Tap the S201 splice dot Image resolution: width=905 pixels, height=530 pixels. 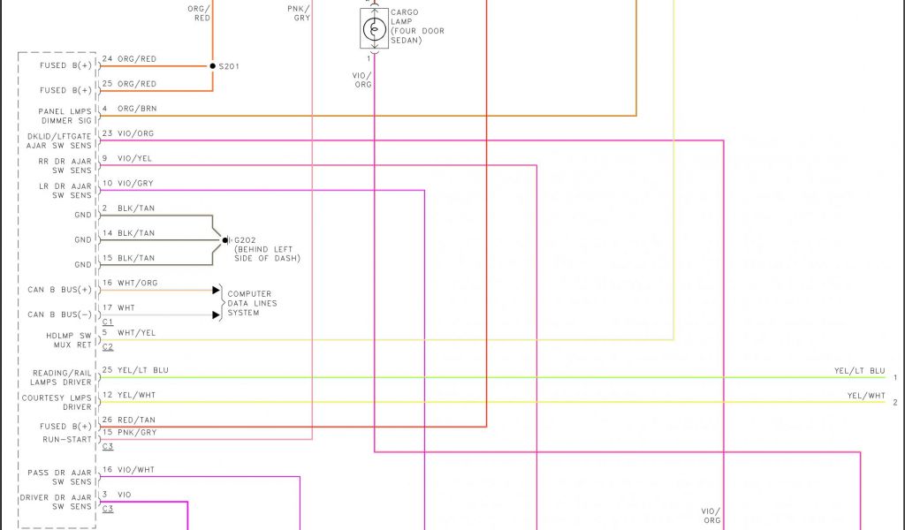coord(212,66)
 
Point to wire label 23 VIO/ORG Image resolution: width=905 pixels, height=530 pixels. coord(128,134)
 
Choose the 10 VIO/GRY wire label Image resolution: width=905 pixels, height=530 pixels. coord(128,184)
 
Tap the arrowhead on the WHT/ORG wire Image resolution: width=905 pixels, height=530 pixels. coord(216,290)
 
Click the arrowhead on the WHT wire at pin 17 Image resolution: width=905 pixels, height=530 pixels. coord(216,314)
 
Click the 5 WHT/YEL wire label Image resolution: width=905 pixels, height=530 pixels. coord(128,333)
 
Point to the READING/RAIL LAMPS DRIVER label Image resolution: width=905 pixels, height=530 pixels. coord(62,378)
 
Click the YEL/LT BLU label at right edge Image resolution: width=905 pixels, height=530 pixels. coord(859,371)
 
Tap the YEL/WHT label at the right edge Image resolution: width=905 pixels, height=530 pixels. coord(865,396)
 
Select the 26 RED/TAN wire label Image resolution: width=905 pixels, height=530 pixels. coord(128,420)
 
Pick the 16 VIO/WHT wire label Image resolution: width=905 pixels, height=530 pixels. coord(128,470)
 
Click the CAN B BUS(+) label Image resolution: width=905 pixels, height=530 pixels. coord(59,290)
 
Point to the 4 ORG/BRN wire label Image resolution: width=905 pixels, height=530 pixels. coord(128,109)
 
